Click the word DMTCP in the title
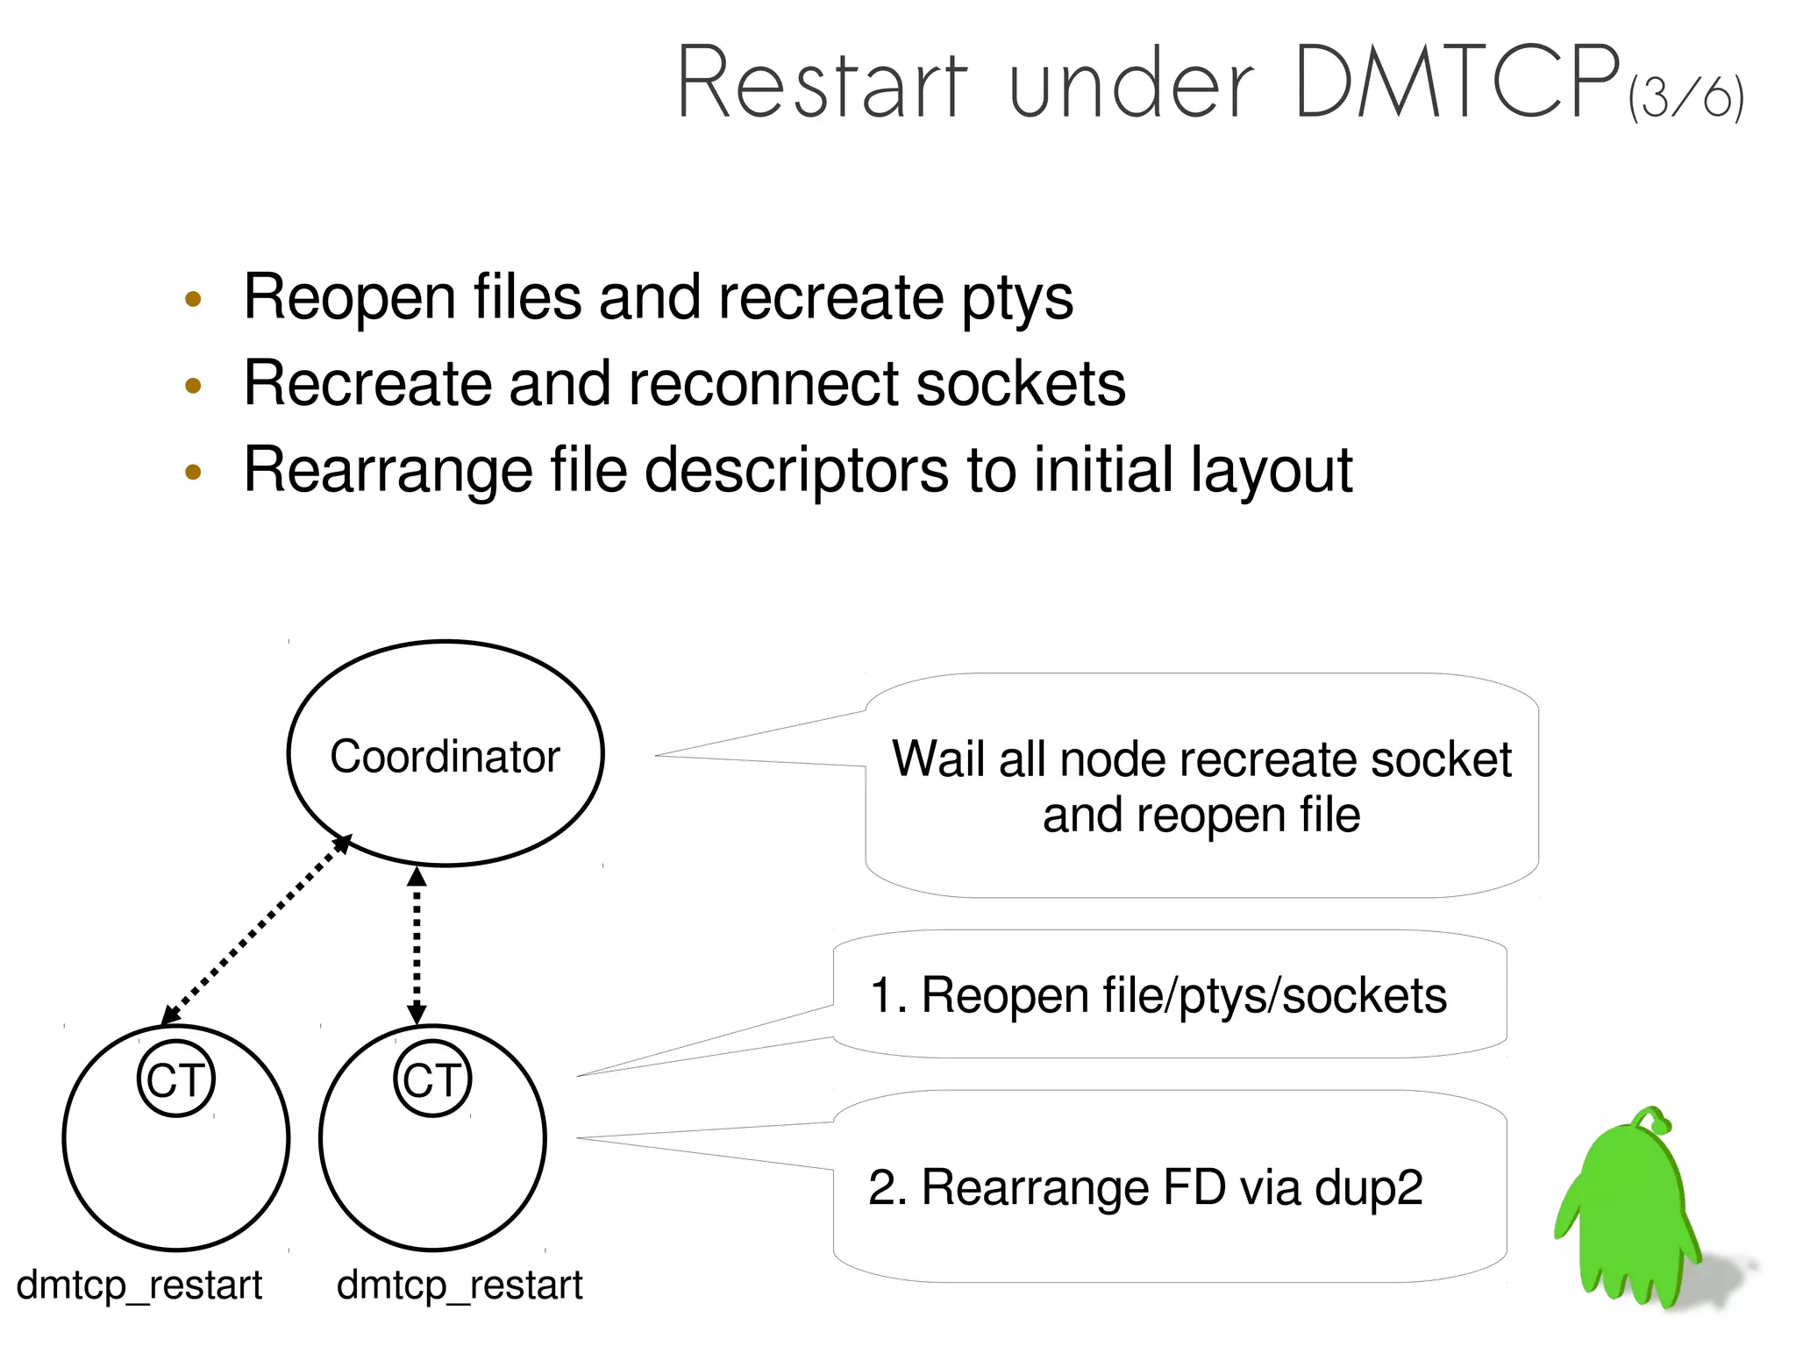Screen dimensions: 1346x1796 click(1456, 83)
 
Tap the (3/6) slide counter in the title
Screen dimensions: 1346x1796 click(1686, 97)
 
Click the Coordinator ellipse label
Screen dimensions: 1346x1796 click(445, 756)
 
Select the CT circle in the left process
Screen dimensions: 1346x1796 click(176, 1079)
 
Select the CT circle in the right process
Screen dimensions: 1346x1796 click(432, 1079)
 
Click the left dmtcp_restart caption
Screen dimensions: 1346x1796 click(139, 1285)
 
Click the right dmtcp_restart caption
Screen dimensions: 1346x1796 click(460, 1285)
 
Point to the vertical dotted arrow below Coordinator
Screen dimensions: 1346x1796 click(417, 945)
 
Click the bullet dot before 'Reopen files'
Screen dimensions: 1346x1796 click(194, 300)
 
